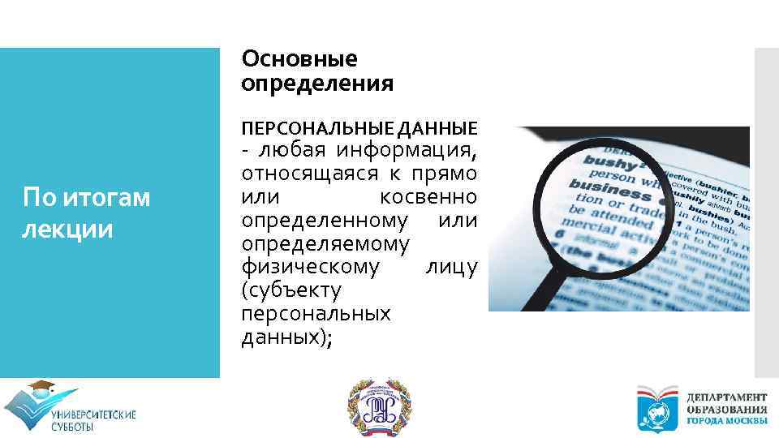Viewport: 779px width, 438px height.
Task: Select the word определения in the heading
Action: click(317, 84)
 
